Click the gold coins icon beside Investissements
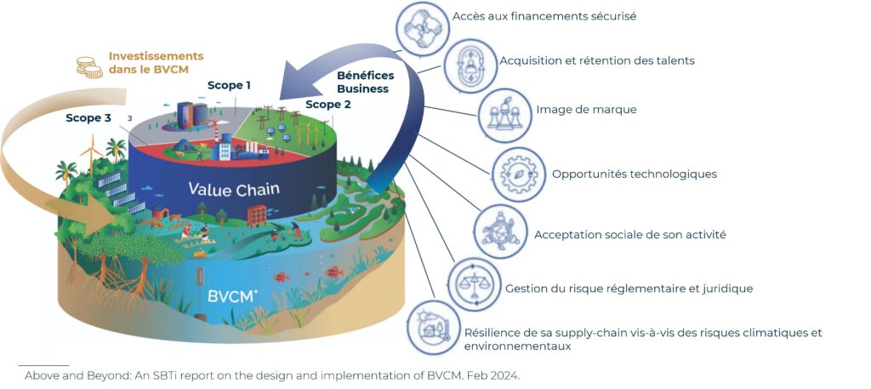(x=89, y=66)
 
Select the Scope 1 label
(x=230, y=85)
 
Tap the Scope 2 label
(x=327, y=105)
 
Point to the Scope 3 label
(x=88, y=118)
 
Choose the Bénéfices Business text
(x=362, y=82)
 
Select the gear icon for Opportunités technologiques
(x=518, y=174)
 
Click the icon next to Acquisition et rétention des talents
(x=470, y=65)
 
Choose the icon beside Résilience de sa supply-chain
(x=433, y=327)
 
